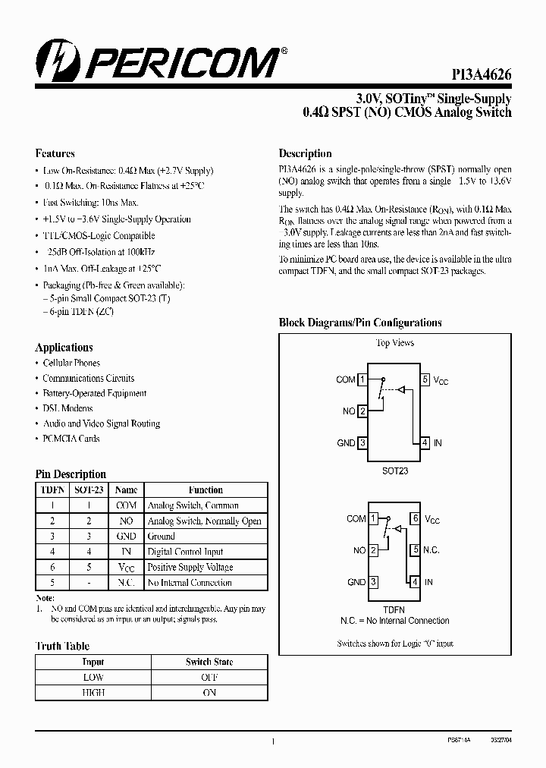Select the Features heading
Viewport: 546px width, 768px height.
[x=55, y=153]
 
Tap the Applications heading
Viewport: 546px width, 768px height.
[x=64, y=348]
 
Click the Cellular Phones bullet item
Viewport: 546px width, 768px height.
[x=71, y=364]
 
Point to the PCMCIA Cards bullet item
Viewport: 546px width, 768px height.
[x=71, y=439]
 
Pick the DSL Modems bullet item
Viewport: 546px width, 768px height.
[x=67, y=408]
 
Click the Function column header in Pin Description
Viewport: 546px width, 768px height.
[x=206, y=490]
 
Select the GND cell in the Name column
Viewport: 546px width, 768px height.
[x=126, y=537]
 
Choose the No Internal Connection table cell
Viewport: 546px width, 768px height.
[x=189, y=583]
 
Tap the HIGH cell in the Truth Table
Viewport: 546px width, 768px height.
[x=93, y=692]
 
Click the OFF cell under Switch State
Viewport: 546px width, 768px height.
[x=209, y=677]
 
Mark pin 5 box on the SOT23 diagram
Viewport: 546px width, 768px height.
[x=426, y=379]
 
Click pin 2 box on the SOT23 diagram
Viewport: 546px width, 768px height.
[x=362, y=411]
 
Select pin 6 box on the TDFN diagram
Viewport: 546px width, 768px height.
[x=415, y=519]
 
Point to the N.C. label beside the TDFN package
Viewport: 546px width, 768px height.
[x=431, y=550]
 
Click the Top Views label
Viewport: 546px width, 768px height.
[x=395, y=343]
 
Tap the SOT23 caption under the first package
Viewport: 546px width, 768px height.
[x=394, y=471]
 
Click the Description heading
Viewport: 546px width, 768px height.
[x=305, y=153]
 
